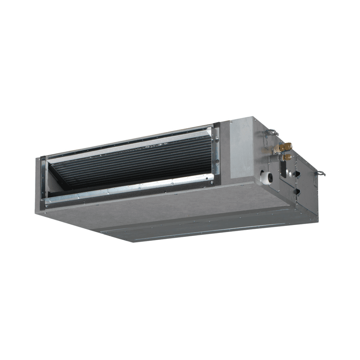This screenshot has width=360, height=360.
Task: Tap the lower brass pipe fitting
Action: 287,157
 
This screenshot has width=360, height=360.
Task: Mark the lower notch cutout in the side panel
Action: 297,191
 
